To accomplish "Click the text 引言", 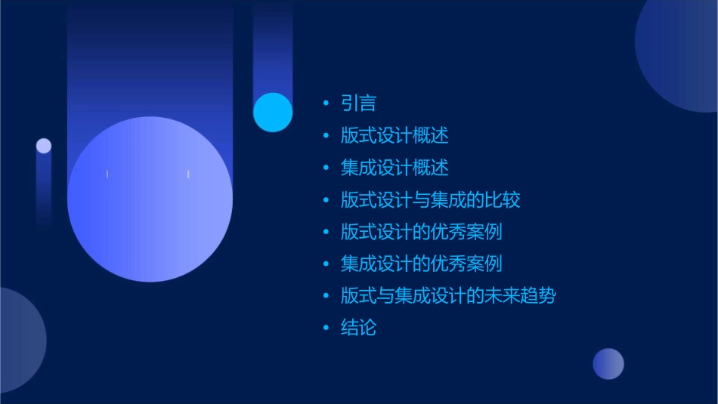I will click(358, 103).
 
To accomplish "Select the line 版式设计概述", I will click(395, 136).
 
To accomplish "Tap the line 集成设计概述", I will click(395, 168).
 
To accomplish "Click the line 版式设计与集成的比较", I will click(430, 200).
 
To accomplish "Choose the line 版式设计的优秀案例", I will click(421, 232).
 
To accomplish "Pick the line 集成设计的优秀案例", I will click(421, 264).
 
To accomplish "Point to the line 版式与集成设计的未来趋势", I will click(448, 295).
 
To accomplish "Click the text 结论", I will click(358, 328).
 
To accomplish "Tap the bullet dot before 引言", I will click(326, 103).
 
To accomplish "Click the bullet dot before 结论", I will click(326, 328).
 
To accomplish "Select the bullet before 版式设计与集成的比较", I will click(326, 200).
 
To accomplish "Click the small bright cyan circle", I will click(273, 112).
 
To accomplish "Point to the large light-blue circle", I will click(150, 199).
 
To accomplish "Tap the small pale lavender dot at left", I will click(44, 146).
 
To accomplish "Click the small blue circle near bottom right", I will click(608, 363).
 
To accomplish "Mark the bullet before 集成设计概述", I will click(326, 168).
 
